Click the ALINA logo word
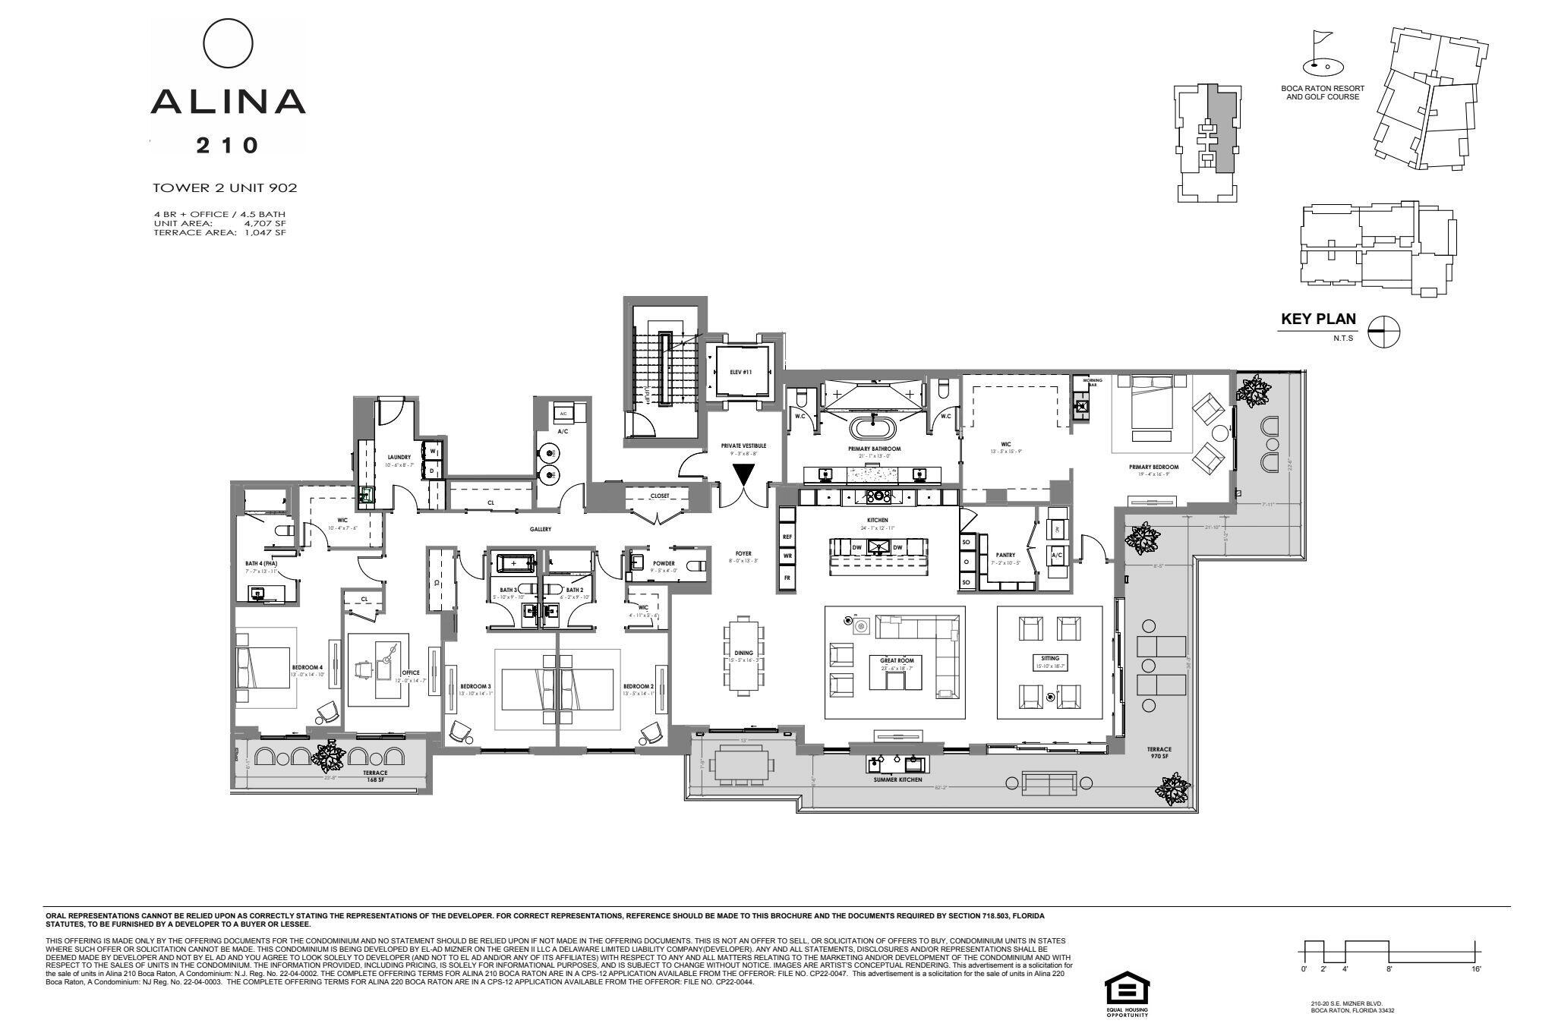228,101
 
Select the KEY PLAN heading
1318,320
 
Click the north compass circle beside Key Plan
1383,331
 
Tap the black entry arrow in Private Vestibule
743,475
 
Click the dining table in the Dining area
743,655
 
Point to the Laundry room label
399,457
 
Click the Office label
410,672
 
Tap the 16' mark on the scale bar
1476,969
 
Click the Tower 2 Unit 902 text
225,187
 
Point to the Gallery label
541,529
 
